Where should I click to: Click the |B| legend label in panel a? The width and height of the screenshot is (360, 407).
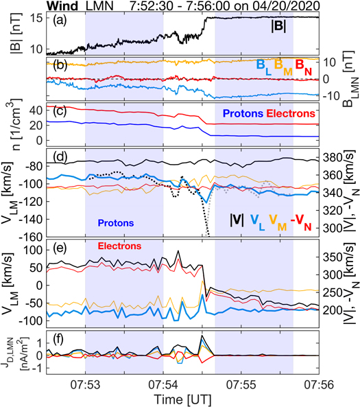[277, 27]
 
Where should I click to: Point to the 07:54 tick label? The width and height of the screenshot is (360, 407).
[163, 377]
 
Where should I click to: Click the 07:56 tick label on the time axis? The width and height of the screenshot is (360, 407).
[320, 377]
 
